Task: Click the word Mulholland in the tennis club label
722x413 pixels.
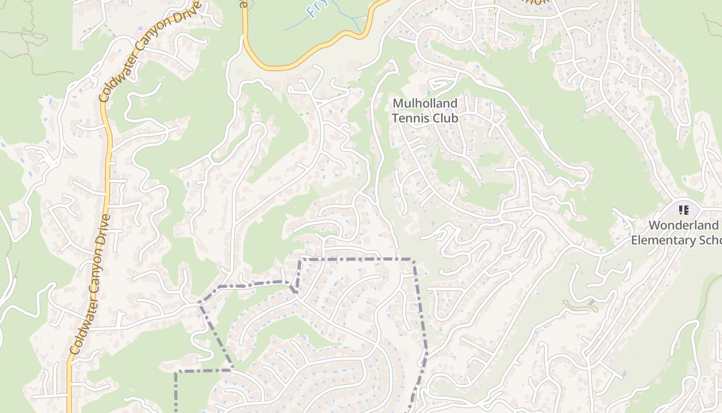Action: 425,103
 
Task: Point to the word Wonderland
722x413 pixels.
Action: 683,225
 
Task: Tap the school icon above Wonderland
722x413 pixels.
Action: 684,210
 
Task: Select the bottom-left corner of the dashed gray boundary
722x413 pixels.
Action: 176,371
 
